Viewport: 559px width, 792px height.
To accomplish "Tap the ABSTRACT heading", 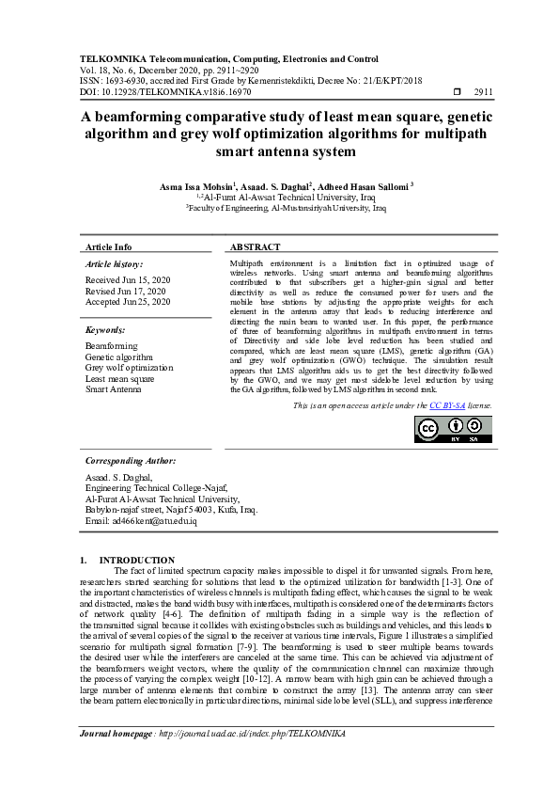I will (x=255, y=246).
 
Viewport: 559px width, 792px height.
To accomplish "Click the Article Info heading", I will (x=109, y=246).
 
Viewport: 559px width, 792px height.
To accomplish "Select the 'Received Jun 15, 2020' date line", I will (x=128, y=280).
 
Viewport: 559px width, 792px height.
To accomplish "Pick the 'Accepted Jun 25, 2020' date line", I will (x=128, y=302).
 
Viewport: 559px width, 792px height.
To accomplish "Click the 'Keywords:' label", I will (x=106, y=331).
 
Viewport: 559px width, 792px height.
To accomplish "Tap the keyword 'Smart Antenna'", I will (x=113, y=388).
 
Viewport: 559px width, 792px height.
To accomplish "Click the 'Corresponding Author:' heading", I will (x=131, y=462).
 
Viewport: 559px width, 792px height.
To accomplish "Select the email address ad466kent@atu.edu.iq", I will (x=141, y=520).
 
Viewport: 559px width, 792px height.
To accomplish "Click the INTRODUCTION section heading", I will (x=137, y=560).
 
